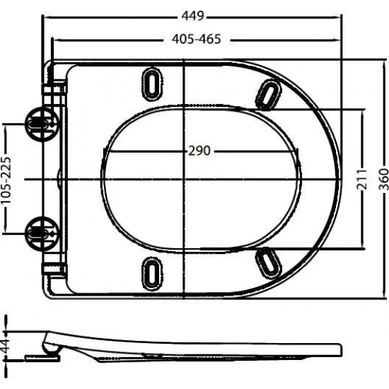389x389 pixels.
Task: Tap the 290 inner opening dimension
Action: pyautogui.click(x=200, y=151)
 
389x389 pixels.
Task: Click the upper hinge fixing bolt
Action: pyautogui.click(x=39, y=124)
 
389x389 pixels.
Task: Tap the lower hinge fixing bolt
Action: pyautogui.click(x=39, y=230)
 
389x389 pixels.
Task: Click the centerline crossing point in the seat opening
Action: pyautogui.click(x=184, y=178)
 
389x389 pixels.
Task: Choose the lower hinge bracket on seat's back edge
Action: pyautogui.click(x=54, y=267)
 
